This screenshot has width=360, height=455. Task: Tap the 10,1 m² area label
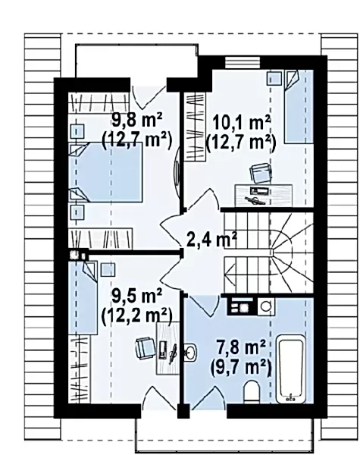[242, 123]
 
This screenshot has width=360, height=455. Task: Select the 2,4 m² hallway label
[211, 240]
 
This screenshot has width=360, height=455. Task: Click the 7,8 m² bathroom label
[241, 347]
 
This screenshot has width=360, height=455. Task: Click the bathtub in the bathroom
[291, 369]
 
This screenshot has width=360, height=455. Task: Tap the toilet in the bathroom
[252, 392]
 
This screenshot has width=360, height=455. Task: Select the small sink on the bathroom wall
[190, 352]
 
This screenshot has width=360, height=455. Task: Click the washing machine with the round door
[266, 306]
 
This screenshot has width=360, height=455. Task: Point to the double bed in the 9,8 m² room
[106, 172]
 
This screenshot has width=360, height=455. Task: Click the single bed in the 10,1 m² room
[299, 107]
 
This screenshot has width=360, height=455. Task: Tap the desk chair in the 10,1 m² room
[261, 174]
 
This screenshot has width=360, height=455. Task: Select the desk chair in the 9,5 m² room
[145, 348]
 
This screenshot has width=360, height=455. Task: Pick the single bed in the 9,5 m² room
[83, 298]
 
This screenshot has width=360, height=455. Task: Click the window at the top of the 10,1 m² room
[243, 62]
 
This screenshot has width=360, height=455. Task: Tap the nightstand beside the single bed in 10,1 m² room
[274, 78]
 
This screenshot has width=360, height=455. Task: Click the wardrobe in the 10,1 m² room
[195, 127]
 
